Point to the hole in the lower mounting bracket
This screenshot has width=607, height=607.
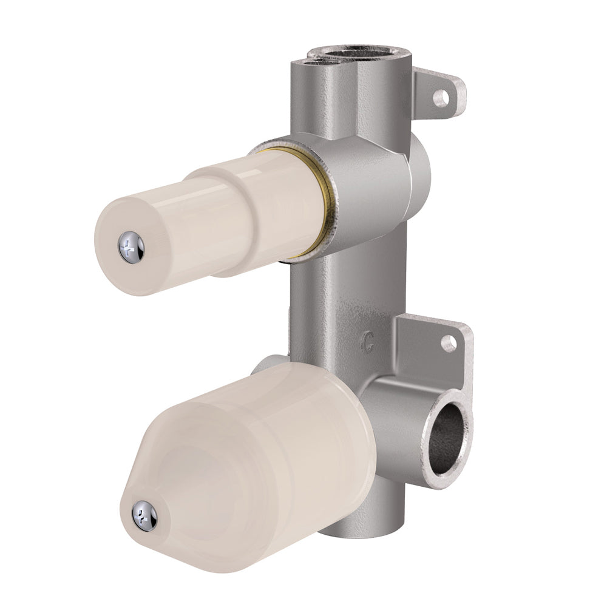[449, 344]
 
